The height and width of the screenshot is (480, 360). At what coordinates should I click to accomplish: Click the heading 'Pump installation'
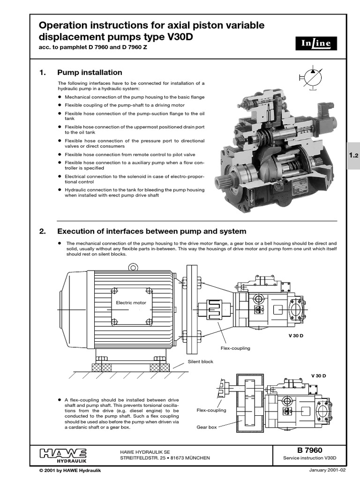pyautogui.click(x=90, y=73)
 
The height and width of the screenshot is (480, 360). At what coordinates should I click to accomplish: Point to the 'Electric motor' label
pyautogui.click(x=131, y=303)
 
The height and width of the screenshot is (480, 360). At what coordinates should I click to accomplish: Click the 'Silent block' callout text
pyautogui.click(x=200, y=361)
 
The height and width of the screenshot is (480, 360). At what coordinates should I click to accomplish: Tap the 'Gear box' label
pyautogui.click(x=207, y=427)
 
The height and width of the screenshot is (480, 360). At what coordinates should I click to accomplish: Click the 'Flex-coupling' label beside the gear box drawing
pyautogui.click(x=212, y=410)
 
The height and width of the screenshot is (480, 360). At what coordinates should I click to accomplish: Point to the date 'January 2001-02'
pyautogui.click(x=327, y=470)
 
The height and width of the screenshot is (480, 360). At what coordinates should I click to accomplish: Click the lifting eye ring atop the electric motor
pyautogui.click(x=134, y=268)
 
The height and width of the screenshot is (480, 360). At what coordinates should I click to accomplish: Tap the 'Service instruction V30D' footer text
pyautogui.click(x=307, y=458)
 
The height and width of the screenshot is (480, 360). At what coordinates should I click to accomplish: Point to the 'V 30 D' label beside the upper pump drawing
pyautogui.click(x=295, y=336)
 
